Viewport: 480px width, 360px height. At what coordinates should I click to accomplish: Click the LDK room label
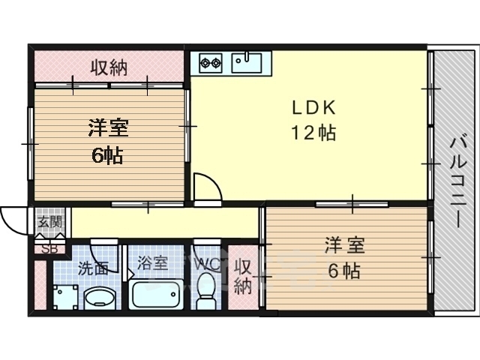(x=314, y=108)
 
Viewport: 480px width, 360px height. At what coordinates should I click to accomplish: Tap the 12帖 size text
(x=313, y=133)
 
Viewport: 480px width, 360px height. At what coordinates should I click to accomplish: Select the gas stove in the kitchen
(x=211, y=63)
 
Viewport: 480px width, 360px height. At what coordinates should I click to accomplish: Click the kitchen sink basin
(x=247, y=63)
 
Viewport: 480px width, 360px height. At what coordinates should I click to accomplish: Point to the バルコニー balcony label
(x=457, y=183)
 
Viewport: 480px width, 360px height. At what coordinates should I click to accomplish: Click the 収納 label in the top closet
(x=109, y=67)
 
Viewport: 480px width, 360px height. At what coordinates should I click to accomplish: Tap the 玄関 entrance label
(x=50, y=221)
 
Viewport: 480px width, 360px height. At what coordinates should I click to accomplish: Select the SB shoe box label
(x=49, y=249)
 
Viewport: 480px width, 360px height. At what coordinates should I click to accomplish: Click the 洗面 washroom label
(x=93, y=268)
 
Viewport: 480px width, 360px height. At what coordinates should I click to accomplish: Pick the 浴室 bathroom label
(x=152, y=263)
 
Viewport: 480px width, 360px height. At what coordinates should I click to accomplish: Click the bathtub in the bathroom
(x=156, y=294)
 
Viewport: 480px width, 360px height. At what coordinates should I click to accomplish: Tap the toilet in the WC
(x=205, y=291)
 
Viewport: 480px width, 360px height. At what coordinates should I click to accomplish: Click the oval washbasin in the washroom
(x=100, y=298)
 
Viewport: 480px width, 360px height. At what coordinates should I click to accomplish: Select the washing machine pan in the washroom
(x=65, y=297)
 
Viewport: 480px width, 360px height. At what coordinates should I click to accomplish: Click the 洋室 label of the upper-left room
(x=108, y=128)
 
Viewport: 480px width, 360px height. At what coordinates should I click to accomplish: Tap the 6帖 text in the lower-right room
(x=344, y=271)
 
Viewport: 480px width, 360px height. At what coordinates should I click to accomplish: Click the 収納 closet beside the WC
(x=243, y=277)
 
